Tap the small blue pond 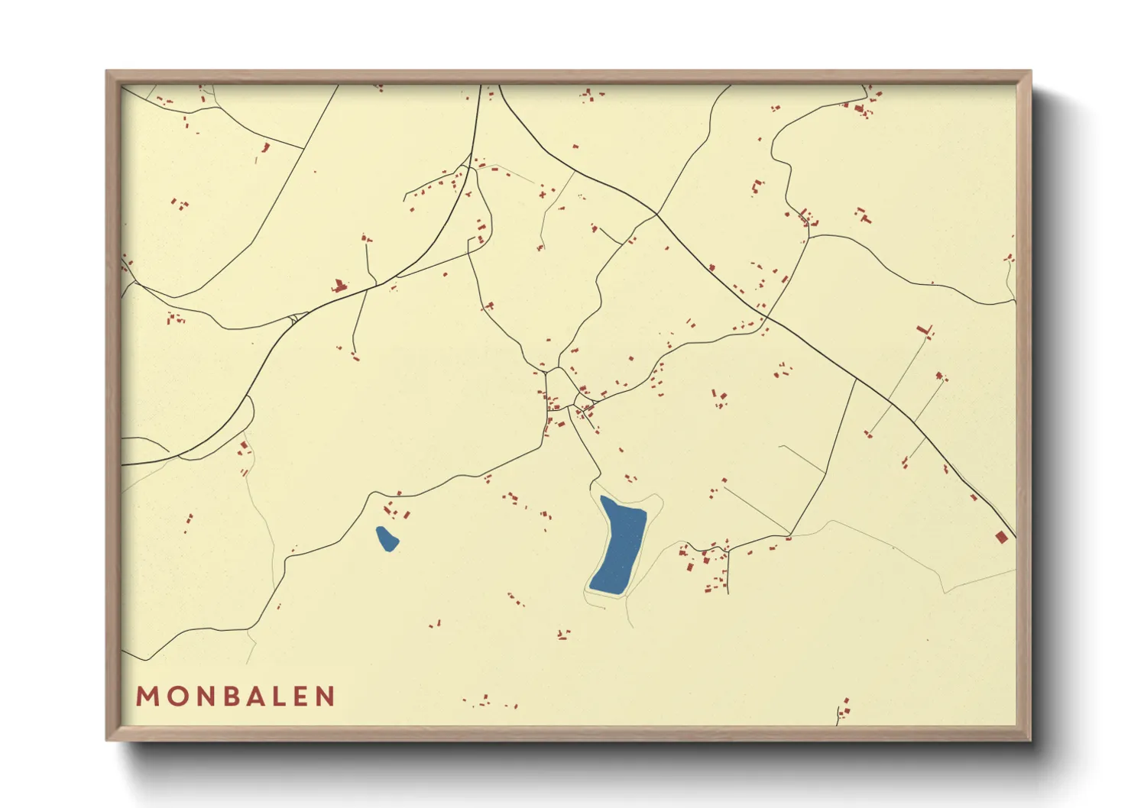tap(387, 538)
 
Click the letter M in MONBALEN tap(147, 696)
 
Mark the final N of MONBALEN tap(326, 696)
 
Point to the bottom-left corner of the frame tap(108, 739)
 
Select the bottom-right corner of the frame tap(1029, 739)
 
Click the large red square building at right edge tap(1001, 538)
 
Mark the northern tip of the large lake tap(604, 498)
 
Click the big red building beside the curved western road tap(339, 287)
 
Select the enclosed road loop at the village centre tap(561, 390)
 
